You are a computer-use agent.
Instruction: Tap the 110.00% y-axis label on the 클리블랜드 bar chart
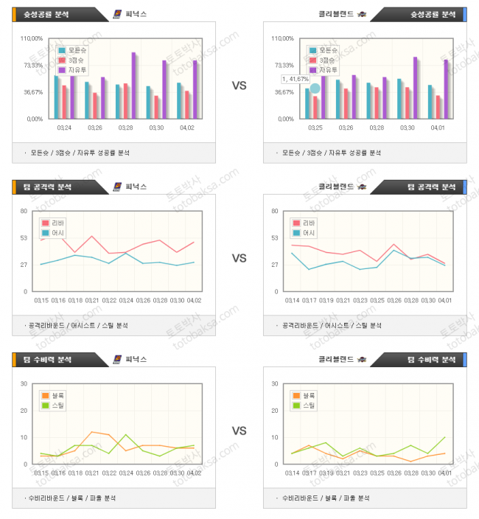[282, 38]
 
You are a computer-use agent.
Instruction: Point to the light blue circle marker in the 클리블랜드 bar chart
[315, 88]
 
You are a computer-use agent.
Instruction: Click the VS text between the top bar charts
[239, 86]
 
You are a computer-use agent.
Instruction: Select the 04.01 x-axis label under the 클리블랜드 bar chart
[438, 128]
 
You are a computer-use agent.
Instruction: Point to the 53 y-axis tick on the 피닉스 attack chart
[24, 237]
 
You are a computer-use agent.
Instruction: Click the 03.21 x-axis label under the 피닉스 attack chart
[92, 300]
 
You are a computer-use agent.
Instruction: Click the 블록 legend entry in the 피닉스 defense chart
[55, 396]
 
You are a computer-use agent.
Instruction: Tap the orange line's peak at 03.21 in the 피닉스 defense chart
[92, 432]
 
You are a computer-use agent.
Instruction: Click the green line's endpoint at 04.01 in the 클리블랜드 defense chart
[444, 437]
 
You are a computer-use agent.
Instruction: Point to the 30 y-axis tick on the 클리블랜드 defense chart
[274, 383]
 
